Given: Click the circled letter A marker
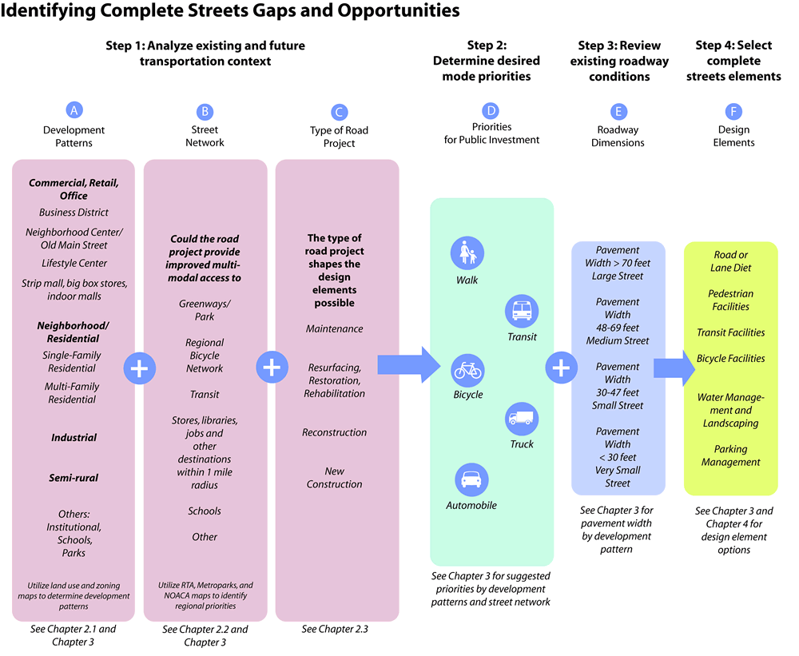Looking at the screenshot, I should (x=74, y=111).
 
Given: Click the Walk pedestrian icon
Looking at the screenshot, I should (x=467, y=253).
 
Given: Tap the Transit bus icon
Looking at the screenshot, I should (x=522, y=310).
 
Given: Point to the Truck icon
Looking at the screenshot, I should (x=522, y=418).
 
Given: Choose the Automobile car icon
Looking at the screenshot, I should (x=471, y=479).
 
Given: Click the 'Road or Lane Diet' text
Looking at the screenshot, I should (x=730, y=261).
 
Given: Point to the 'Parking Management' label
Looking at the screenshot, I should (x=730, y=455).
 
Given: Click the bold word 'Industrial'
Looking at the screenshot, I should (x=74, y=437).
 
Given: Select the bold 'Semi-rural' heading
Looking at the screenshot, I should (x=74, y=478).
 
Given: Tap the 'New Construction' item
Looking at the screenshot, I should (x=334, y=478).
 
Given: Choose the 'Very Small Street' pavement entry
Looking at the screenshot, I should (x=618, y=476).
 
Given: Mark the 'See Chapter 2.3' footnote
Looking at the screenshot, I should (x=335, y=629).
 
